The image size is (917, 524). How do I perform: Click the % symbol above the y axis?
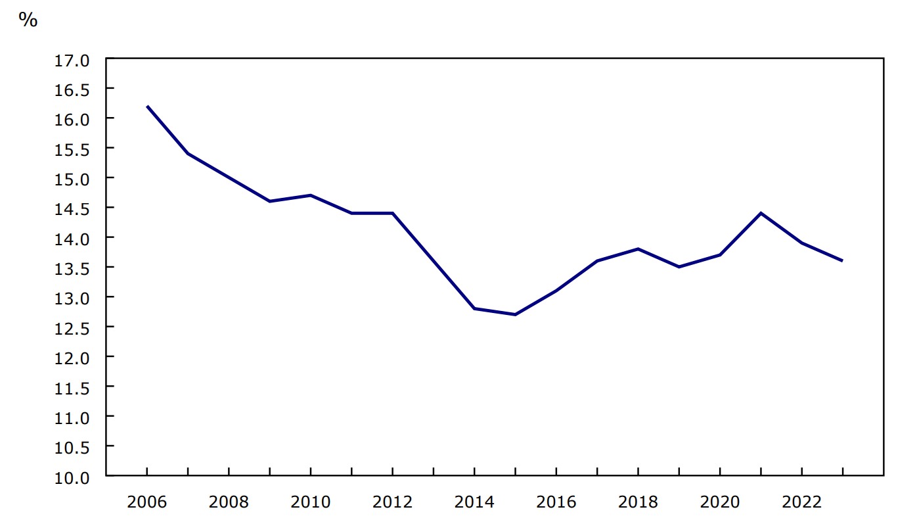coord(28,20)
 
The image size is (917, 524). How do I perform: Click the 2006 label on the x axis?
coord(147,502)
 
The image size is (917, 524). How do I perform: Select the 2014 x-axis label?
coord(474,502)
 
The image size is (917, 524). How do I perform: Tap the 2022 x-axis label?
coord(801,502)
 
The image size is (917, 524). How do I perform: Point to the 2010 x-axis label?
coord(311,502)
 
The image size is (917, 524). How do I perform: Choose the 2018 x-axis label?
coord(638,502)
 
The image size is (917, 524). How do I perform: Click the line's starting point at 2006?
coord(147,107)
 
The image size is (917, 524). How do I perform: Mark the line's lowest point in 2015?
coord(515,314)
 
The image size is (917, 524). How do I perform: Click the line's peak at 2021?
coord(761,213)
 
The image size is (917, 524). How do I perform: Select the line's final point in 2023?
coord(842,261)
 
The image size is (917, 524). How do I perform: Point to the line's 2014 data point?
coord(474,308)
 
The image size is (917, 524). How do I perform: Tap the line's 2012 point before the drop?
coord(392,213)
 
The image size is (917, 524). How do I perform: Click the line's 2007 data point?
coord(188,154)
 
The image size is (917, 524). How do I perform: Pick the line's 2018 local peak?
coord(638,249)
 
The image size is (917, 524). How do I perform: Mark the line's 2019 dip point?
coord(679,267)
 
